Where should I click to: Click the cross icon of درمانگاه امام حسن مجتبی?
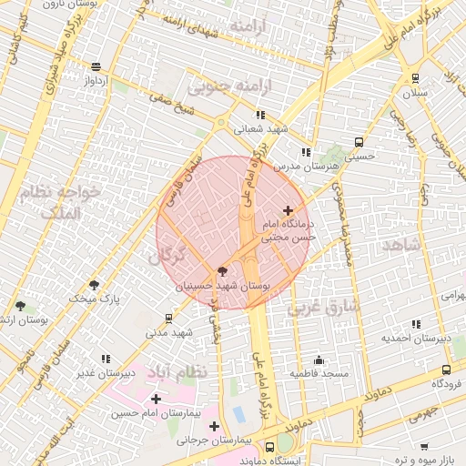point(289,210)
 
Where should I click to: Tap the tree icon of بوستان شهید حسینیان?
point(222,271)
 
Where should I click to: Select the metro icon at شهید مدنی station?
point(169,318)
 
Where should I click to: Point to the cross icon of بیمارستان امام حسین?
point(156,399)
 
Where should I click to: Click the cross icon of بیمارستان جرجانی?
point(214,426)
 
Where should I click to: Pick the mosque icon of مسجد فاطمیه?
point(318,360)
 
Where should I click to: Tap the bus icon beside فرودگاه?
point(446,370)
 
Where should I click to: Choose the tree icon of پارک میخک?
point(94,285)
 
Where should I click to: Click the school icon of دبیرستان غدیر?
point(106,359)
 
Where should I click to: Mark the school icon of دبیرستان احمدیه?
point(416,324)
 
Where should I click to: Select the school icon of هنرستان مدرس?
point(305,152)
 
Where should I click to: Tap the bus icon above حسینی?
point(359,142)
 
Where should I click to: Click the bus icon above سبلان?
point(416,77)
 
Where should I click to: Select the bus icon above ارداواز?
point(96,66)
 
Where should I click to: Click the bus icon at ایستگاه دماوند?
point(269,447)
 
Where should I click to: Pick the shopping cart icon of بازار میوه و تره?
point(423,446)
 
